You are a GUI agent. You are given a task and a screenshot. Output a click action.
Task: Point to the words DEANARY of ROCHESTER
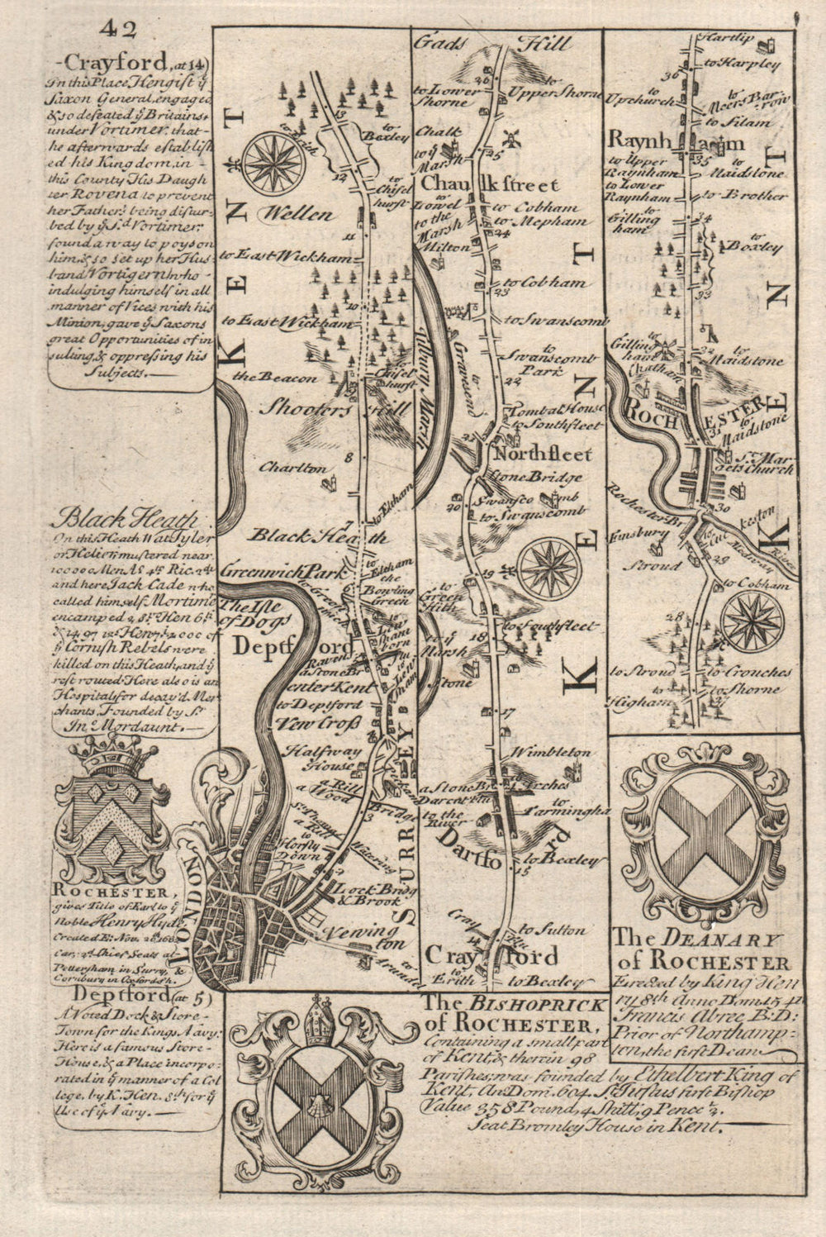pyautogui.click(x=701, y=951)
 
